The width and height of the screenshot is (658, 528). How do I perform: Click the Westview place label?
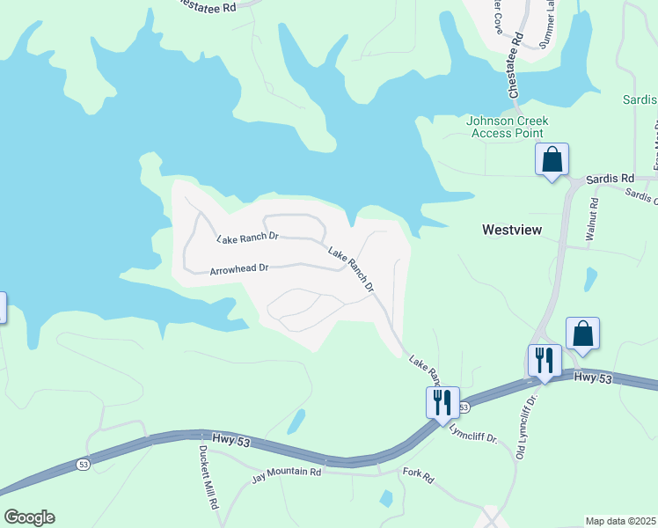click(x=512, y=230)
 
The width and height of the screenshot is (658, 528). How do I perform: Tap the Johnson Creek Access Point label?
click(x=508, y=127)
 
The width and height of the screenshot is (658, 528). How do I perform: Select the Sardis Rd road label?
click(x=615, y=178)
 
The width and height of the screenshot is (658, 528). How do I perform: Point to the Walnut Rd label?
click(x=593, y=220)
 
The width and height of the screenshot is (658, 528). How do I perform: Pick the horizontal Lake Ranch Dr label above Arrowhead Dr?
click(x=247, y=238)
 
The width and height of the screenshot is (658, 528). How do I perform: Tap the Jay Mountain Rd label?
click(x=287, y=473)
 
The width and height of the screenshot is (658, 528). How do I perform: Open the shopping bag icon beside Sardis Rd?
click(x=552, y=160)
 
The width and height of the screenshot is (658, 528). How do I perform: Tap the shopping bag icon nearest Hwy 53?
click(x=582, y=334)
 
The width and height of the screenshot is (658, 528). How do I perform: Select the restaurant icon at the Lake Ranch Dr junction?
click(x=442, y=402)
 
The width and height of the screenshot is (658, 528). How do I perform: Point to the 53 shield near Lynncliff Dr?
click(x=464, y=407)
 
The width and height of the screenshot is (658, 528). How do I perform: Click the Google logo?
click(x=29, y=517)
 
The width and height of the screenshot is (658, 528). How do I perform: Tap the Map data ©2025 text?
click(x=620, y=521)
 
